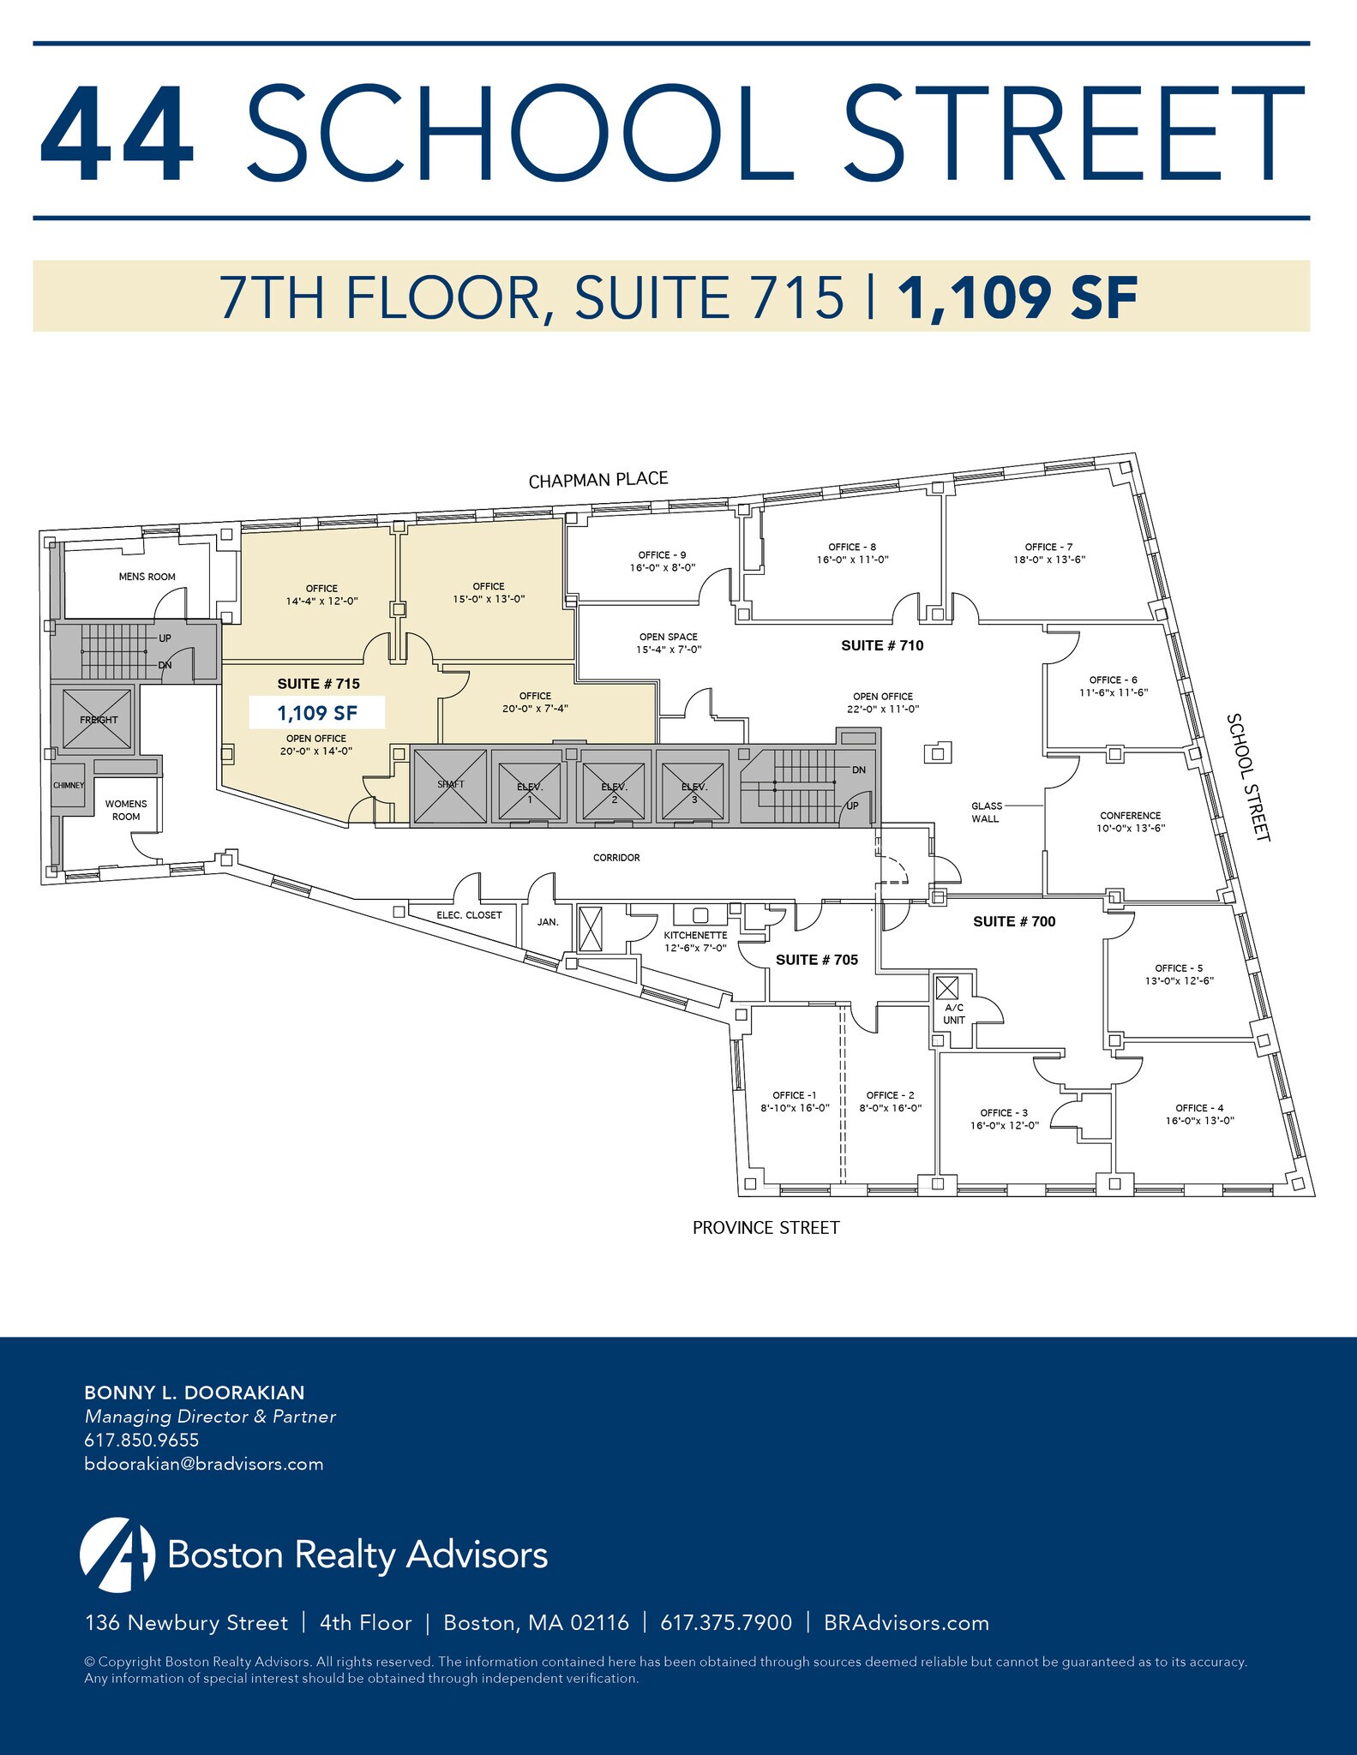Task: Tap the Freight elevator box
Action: point(98,719)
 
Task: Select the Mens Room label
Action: point(147,577)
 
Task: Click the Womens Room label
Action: point(126,810)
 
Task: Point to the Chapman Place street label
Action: point(597,480)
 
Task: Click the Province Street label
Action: point(766,1228)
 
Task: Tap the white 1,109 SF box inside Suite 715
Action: point(316,712)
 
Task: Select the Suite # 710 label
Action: point(882,645)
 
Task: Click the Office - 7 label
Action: point(1049,553)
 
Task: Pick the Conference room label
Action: point(1131,821)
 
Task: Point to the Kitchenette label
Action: point(695,941)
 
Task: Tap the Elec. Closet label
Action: point(469,915)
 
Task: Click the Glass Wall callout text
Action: point(986,812)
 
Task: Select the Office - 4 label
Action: point(1199,1114)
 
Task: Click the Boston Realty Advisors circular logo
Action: point(117,1554)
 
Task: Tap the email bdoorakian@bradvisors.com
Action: point(204,1464)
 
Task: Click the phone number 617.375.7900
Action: point(725,1622)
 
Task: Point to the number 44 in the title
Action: point(117,133)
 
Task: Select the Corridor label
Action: point(616,857)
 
